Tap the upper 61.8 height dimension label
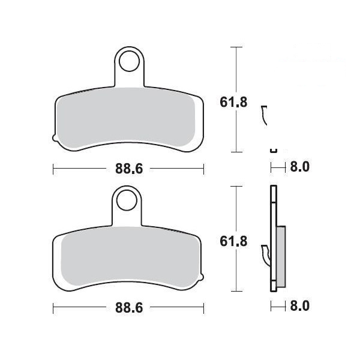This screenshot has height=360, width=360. tap(233, 102)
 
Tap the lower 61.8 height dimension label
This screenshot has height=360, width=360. tap(233, 241)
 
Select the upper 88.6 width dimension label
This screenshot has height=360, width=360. tap(129, 169)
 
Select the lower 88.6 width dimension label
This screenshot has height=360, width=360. tap(129, 307)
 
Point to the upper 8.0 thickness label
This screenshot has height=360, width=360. tap(299, 167)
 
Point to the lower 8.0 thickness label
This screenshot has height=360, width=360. tap(299, 306)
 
